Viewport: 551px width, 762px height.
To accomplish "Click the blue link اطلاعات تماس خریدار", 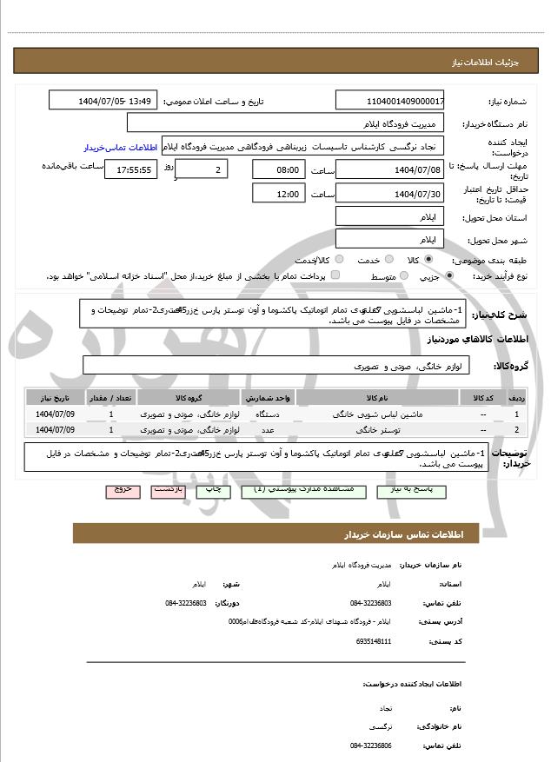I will (x=122, y=147).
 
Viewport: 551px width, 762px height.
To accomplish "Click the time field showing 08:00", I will (x=278, y=169).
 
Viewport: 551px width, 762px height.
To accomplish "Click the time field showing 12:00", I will (x=278, y=193).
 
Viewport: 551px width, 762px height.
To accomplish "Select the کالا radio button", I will (x=428, y=259).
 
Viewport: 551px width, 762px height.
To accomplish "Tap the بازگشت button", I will (x=169, y=490).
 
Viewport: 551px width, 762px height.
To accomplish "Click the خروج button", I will (x=123, y=490).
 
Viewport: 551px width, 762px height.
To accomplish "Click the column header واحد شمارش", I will (x=271, y=397).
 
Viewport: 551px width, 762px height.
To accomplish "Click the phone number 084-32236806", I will (x=371, y=745).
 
